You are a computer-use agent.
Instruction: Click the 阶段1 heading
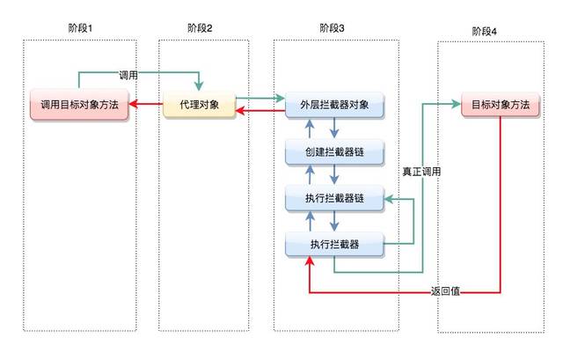coord(80,28)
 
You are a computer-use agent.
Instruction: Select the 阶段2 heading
coord(200,28)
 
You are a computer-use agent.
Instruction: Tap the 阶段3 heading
coord(332,28)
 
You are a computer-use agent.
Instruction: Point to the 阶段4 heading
coord(484,32)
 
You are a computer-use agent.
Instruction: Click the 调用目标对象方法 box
coord(79,105)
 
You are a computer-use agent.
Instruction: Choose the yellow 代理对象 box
coord(200,105)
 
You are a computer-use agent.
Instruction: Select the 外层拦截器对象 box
coord(334,105)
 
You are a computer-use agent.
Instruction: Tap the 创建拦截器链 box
coord(334,152)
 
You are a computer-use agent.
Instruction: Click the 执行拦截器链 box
coord(334,198)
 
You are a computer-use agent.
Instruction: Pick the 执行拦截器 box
coord(334,245)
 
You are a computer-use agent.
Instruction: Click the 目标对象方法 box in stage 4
coord(501,105)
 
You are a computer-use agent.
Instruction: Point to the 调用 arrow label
coord(128,75)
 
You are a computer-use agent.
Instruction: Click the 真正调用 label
coord(421,172)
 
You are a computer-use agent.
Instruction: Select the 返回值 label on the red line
coord(445,291)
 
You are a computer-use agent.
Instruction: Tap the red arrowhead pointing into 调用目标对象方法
coord(133,104)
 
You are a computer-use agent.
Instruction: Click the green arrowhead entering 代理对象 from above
coord(199,86)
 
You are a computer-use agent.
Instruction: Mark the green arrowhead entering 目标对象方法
coord(457,104)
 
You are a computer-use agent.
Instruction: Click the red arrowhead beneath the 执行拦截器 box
coord(310,261)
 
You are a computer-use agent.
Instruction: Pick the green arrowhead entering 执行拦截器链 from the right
coord(389,199)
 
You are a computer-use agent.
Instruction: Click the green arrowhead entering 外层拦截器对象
coord(281,98)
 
